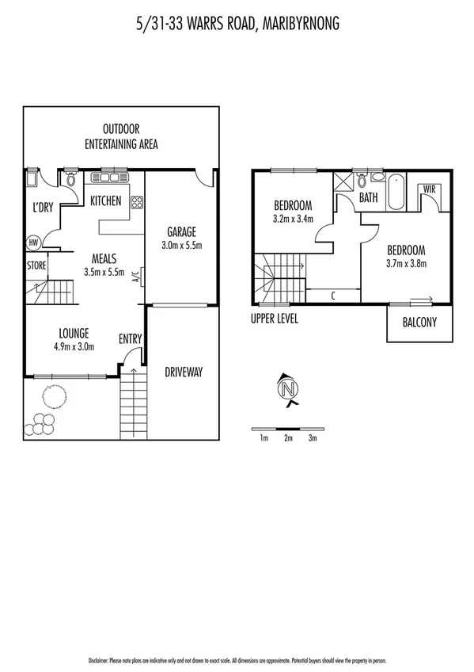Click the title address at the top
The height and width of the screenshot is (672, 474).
[237, 25]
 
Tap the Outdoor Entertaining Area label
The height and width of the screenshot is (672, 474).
[121, 136]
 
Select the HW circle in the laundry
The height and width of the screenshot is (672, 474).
[34, 242]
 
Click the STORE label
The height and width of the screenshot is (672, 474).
[37, 265]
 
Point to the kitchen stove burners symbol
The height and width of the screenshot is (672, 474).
[136, 202]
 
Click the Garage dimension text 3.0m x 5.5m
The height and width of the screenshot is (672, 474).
[181, 246]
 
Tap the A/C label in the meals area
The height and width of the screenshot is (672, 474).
[135, 277]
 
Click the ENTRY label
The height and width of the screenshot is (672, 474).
[130, 339]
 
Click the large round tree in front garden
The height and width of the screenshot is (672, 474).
[53, 395]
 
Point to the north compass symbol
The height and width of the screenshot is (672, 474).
[288, 389]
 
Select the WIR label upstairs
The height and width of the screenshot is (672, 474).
[430, 189]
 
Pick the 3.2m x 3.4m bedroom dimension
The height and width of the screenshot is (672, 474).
[293, 219]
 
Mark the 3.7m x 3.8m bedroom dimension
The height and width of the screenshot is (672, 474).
[407, 263]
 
